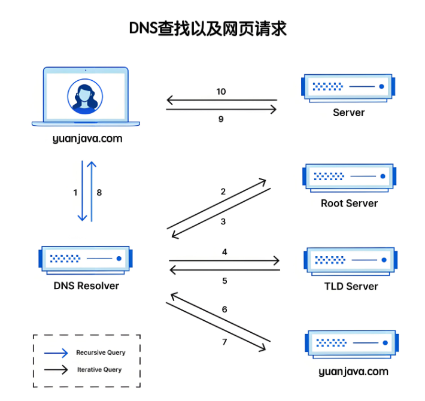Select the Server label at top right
[x=348, y=112]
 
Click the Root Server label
[x=349, y=203]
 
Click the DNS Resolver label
[x=86, y=285]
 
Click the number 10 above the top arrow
[x=221, y=92]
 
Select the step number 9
[x=221, y=119]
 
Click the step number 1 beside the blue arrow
[x=75, y=193]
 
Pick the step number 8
[x=99, y=193]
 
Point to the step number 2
[x=223, y=192]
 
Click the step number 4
[x=224, y=252]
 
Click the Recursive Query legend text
[x=101, y=353]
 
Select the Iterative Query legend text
[x=99, y=370]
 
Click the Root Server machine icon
[x=350, y=177]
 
